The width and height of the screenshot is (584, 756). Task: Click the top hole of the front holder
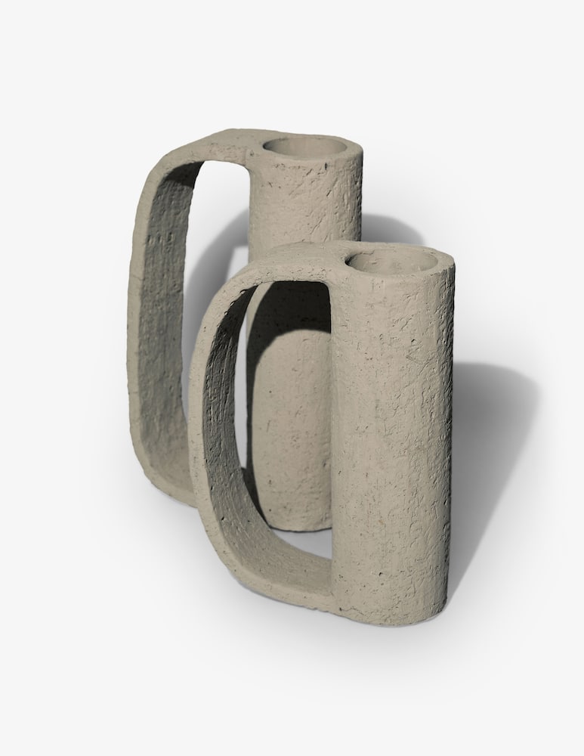[391, 262]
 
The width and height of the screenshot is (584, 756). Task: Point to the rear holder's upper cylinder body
[306, 204]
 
